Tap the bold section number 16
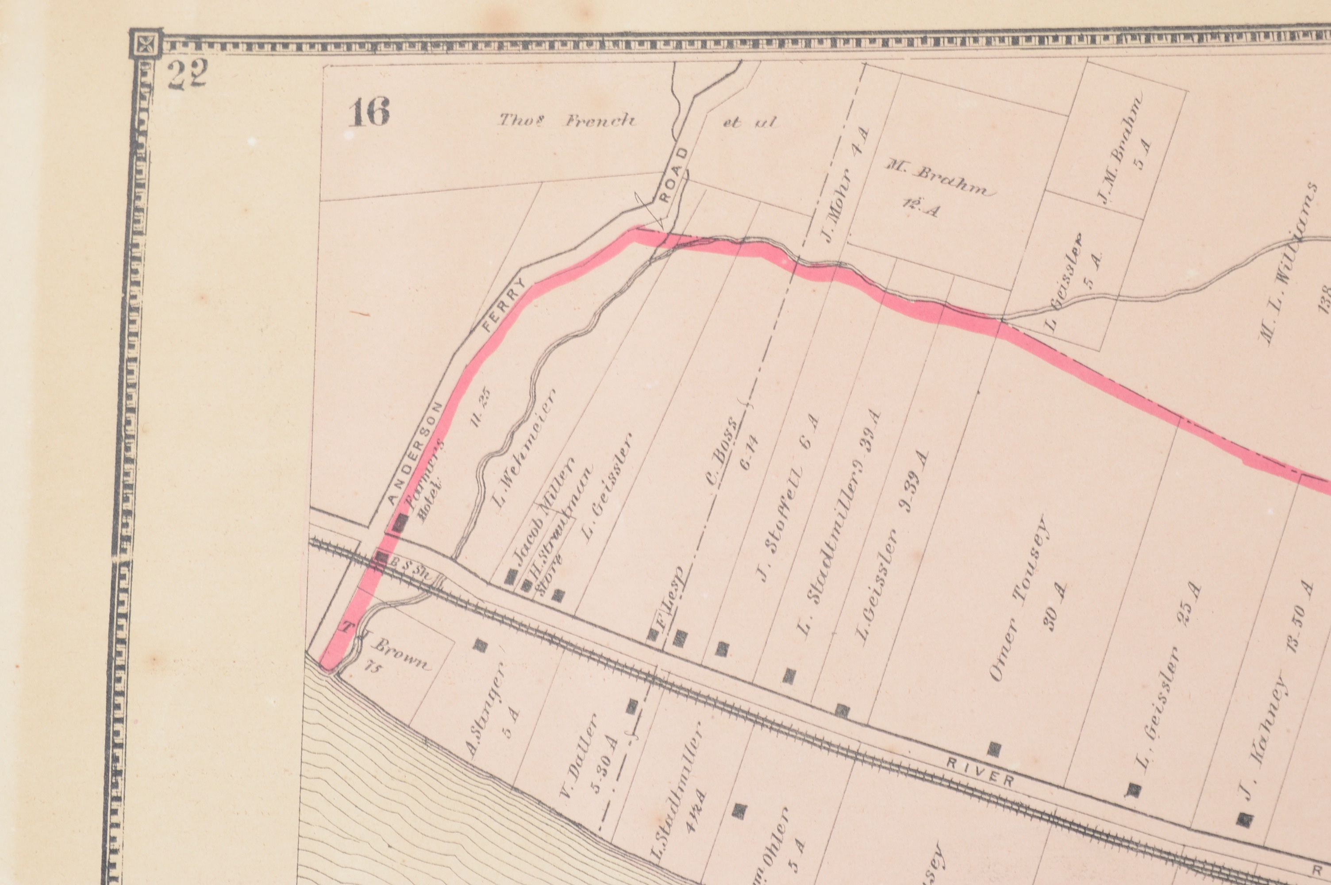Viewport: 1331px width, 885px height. pos(369,113)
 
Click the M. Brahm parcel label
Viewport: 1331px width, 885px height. pos(937,182)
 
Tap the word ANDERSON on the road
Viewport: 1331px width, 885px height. pos(417,453)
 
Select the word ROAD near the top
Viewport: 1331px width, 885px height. pos(675,174)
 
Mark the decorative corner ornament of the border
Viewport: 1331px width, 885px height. pos(146,44)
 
